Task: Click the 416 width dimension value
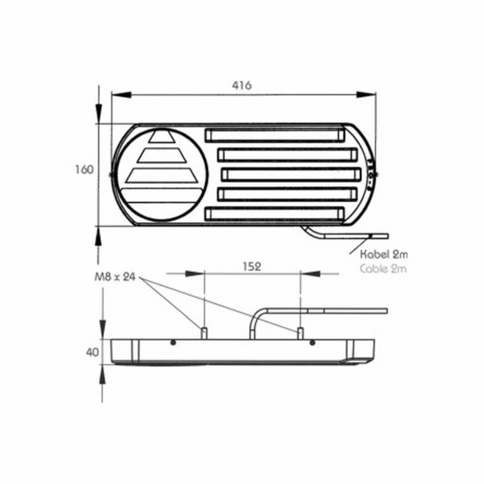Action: [242, 85]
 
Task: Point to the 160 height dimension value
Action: [84, 170]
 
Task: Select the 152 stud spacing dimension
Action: [252, 266]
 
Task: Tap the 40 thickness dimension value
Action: [92, 352]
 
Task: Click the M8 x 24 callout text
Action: [115, 277]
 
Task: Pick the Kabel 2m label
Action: [384, 255]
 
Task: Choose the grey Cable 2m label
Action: [383, 269]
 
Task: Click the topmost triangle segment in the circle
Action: [162, 137]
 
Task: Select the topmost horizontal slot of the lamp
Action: [275, 135]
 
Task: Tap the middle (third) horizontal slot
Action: [291, 174]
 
